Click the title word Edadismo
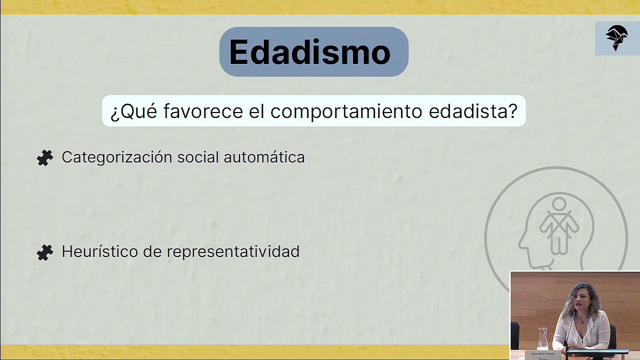(309, 52)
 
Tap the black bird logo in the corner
(616, 38)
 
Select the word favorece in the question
(203, 111)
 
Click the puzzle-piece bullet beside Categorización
(45, 158)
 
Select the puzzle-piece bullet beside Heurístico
(45, 252)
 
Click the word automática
(264, 157)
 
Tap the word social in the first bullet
(198, 157)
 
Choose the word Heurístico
(99, 251)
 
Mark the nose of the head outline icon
(520, 245)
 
